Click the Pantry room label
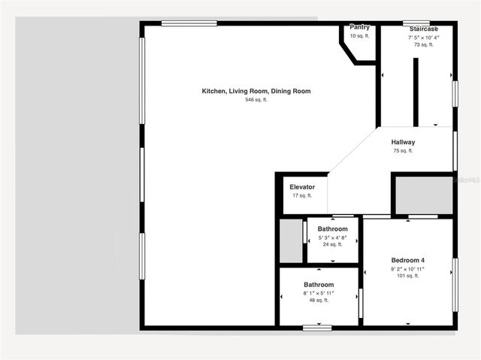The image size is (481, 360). [x=359, y=27]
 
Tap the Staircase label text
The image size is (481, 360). [x=424, y=28]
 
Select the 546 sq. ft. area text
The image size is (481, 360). [x=256, y=100]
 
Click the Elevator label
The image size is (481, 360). [x=302, y=187]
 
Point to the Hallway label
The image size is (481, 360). [x=403, y=142]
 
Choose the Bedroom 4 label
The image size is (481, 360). [x=407, y=260]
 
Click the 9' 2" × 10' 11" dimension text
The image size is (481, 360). [x=407, y=268]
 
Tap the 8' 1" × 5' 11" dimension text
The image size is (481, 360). [x=319, y=293]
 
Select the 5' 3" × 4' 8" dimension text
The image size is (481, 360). [x=332, y=237]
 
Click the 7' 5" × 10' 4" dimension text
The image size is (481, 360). [x=424, y=37]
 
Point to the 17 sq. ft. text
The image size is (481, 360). [x=302, y=196]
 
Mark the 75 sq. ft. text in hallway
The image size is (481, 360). [x=403, y=151]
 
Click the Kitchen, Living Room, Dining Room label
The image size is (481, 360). [x=256, y=91]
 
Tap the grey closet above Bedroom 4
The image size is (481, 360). [x=424, y=195]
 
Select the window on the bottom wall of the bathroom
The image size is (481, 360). [x=317, y=327]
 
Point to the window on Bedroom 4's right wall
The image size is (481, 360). [x=455, y=284]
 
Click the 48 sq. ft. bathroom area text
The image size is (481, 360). [x=319, y=301]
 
